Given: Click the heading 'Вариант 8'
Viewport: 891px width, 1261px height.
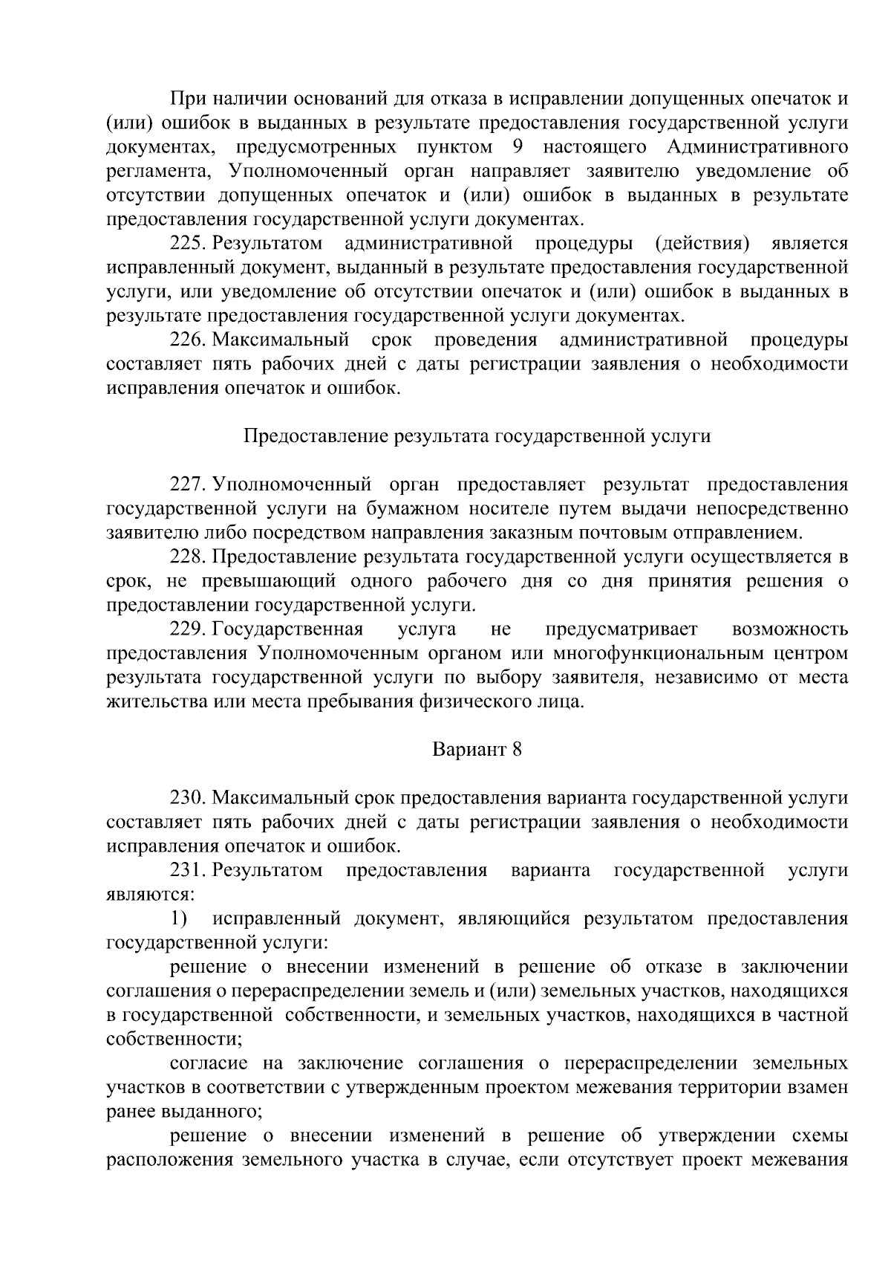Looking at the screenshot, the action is pos(477,750).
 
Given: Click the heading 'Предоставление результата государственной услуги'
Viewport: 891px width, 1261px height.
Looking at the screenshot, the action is pos(477,436).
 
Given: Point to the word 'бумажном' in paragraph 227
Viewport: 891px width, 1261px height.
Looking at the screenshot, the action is pos(413,509).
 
